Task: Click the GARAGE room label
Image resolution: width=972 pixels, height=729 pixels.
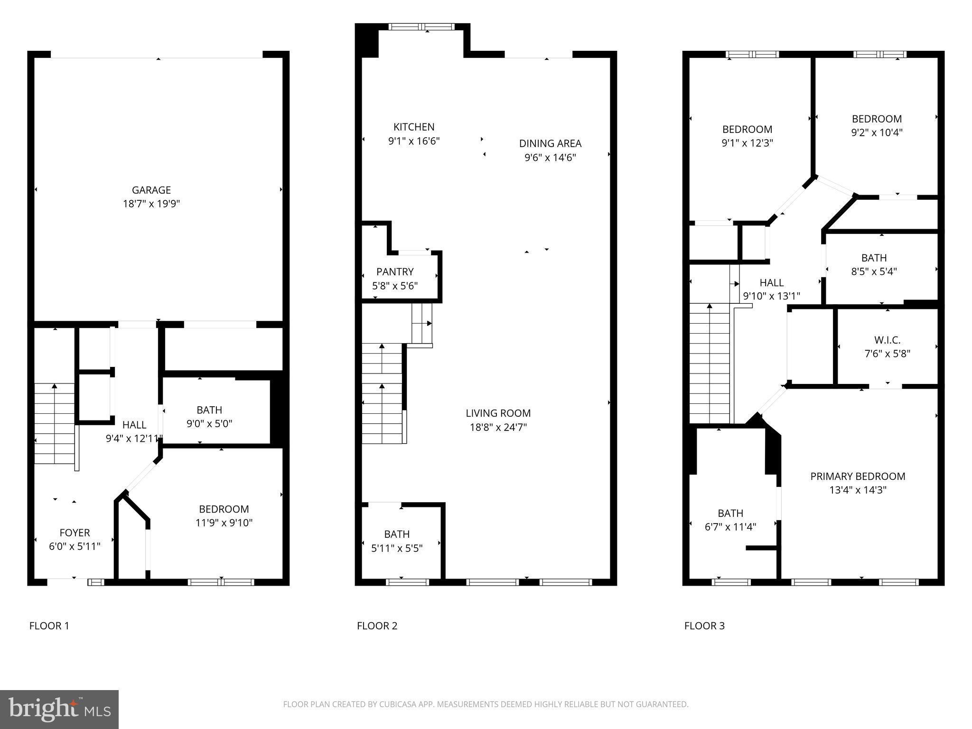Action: point(151,190)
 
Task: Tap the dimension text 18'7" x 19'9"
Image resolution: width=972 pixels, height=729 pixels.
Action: point(151,204)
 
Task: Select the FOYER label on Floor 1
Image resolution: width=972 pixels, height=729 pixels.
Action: point(75,533)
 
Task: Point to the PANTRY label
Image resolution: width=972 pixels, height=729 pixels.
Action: point(395,271)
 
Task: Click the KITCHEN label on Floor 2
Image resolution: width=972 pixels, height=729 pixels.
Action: point(414,127)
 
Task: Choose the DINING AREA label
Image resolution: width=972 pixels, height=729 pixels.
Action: point(550,143)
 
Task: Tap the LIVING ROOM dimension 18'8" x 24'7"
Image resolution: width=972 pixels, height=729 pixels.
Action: point(498,427)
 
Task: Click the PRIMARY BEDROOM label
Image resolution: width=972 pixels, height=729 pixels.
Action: point(858,476)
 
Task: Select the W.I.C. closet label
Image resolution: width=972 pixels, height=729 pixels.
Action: point(887,340)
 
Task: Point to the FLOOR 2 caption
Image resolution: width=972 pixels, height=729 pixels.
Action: point(377,626)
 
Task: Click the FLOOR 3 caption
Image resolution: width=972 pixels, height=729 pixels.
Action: point(704,626)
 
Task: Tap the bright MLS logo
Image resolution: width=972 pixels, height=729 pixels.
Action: point(59,709)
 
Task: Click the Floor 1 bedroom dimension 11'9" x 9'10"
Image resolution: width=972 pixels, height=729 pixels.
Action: point(224,523)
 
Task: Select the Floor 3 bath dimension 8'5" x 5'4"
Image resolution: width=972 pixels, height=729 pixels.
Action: point(874,271)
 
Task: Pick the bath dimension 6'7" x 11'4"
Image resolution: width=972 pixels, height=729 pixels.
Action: point(730,527)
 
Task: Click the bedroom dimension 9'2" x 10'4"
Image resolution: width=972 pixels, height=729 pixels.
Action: point(877,132)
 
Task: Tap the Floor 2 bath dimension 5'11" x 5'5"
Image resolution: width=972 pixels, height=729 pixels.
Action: point(397,548)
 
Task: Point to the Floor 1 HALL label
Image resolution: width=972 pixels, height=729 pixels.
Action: point(134,425)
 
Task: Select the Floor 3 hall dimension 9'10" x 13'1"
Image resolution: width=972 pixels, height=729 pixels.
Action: point(771,296)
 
